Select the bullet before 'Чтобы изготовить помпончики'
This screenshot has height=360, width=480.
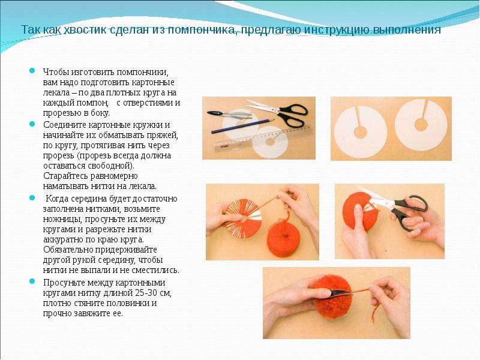(32, 71)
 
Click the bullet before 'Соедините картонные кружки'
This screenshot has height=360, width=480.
(32, 124)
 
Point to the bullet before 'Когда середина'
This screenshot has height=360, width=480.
(32, 198)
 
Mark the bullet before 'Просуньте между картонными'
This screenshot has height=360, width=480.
(32, 281)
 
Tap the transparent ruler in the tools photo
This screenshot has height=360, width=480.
(264, 139)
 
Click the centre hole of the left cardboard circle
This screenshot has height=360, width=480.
(360, 132)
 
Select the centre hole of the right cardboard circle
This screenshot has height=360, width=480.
(421, 125)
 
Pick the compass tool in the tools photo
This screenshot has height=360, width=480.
(230, 115)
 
